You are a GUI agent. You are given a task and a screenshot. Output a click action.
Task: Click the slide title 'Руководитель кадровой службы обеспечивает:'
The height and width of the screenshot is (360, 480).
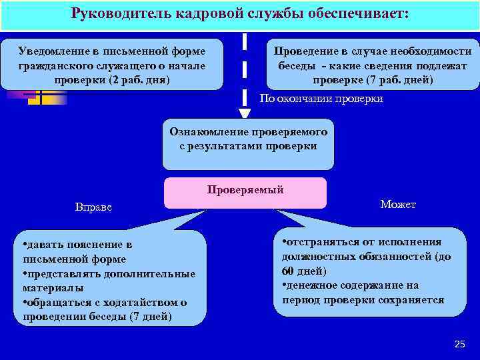(240, 14)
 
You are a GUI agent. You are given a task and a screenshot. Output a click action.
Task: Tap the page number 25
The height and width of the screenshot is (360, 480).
(459, 344)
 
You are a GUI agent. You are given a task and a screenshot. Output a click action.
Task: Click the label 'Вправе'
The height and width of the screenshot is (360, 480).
(93, 207)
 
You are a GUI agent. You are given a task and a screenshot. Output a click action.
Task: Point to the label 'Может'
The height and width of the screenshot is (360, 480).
(398, 204)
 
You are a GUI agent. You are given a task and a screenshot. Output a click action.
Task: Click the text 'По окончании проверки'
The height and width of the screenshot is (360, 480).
(321, 99)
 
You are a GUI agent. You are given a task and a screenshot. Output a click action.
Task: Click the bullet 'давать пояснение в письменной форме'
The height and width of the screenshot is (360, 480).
(77, 252)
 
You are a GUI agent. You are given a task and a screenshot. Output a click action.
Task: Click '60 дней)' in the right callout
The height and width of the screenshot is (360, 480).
(304, 271)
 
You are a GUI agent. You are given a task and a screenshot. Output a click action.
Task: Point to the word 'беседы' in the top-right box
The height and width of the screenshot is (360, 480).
(297, 65)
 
